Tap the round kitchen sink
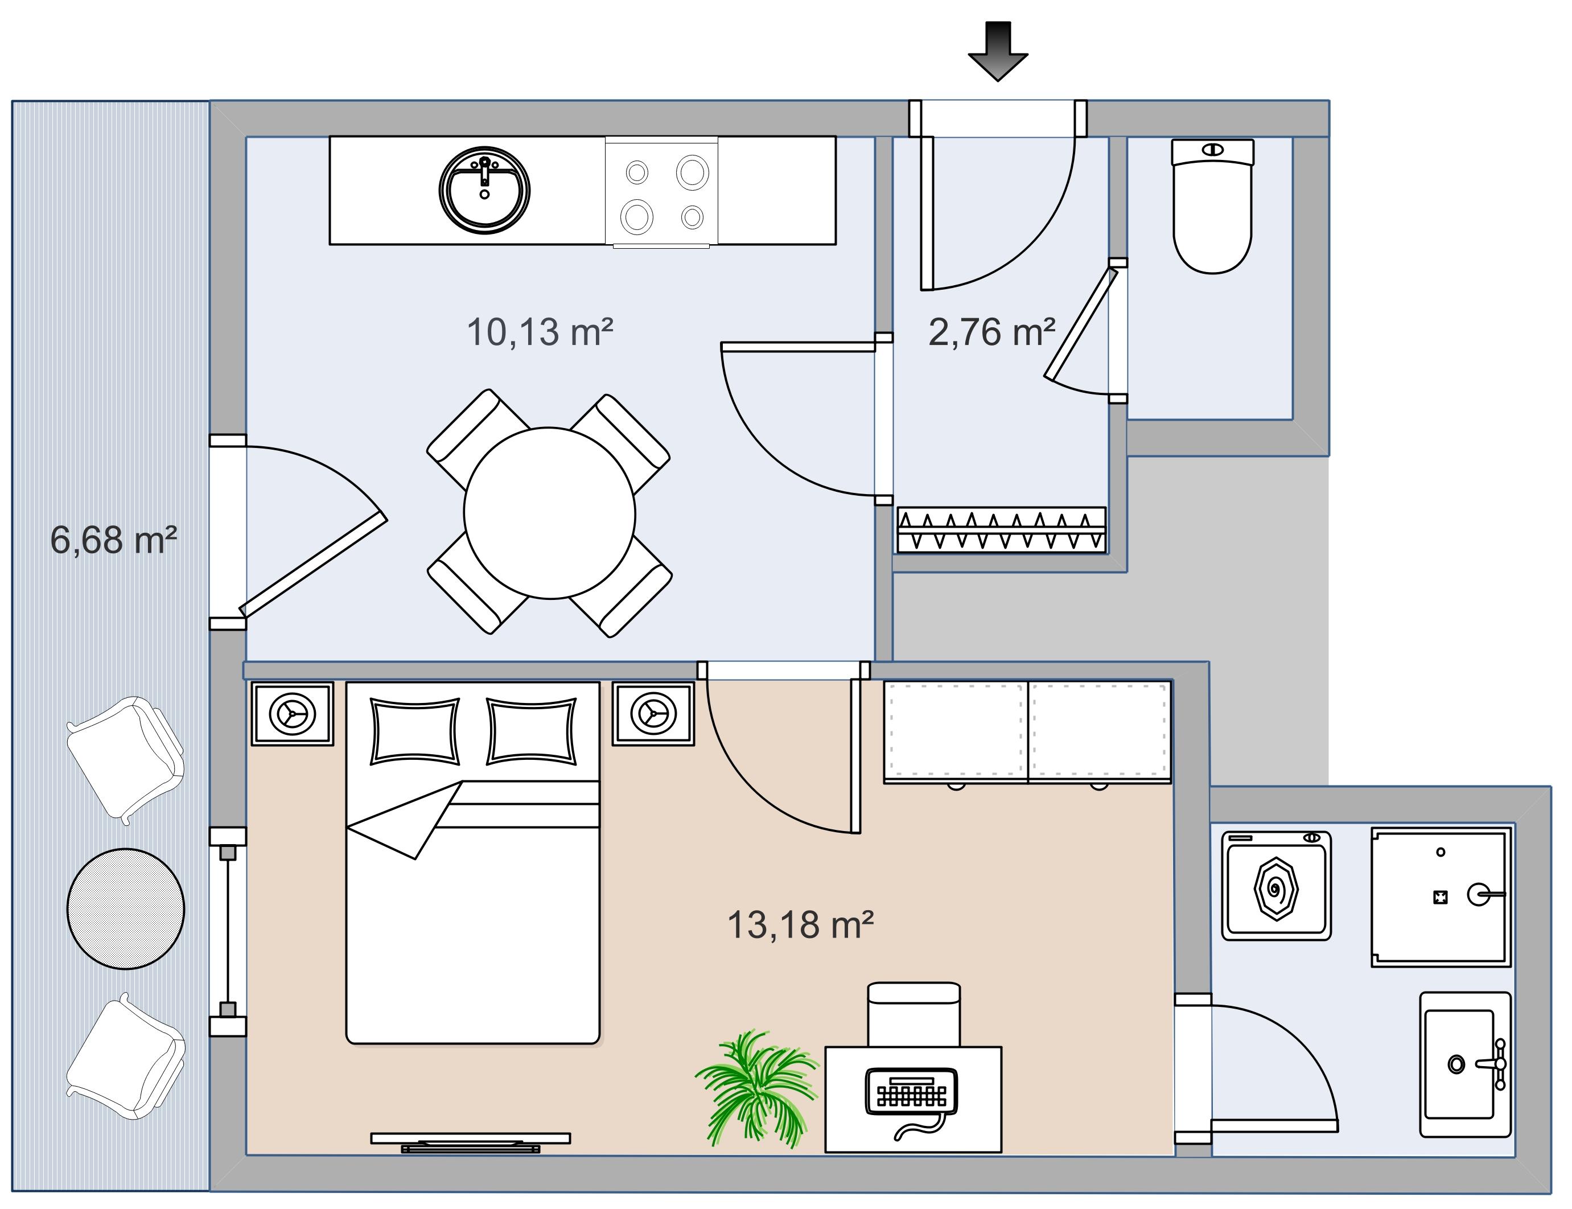[484, 190]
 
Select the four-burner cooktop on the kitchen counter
[662, 192]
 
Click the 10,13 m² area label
[540, 332]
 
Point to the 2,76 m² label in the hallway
[991, 332]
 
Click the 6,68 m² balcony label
[113, 540]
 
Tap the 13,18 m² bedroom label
[800, 925]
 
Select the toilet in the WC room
[1212, 209]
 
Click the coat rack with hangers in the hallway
[1001, 531]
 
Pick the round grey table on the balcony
[125, 908]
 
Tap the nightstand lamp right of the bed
[653, 713]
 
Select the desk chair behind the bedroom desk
[913, 1015]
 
